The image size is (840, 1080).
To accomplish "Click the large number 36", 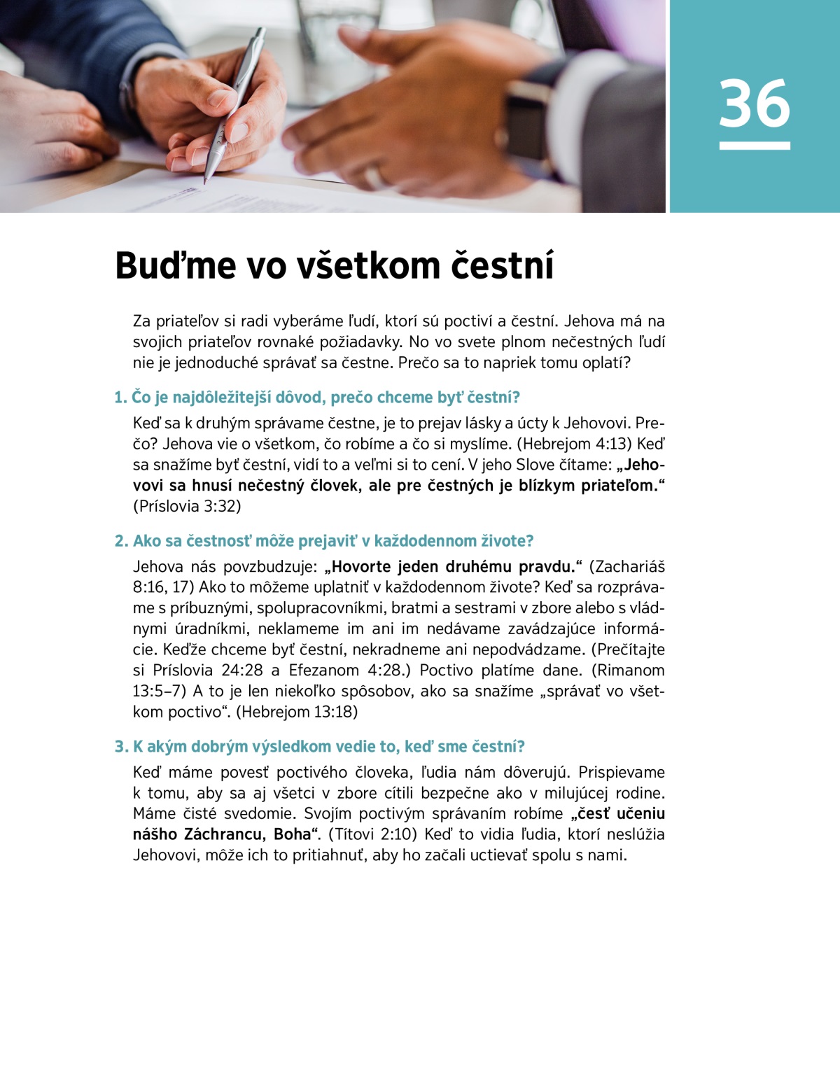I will (x=754, y=104).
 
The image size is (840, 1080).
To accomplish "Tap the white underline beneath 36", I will (x=754, y=146).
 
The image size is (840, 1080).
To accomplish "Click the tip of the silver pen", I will (x=206, y=181).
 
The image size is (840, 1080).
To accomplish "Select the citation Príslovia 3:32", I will (x=188, y=506).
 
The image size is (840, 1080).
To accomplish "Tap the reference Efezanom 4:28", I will (x=345, y=671).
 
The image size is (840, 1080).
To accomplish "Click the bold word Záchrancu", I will (x=226, y=834).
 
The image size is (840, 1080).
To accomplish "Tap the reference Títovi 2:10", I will (x=372, y=834).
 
